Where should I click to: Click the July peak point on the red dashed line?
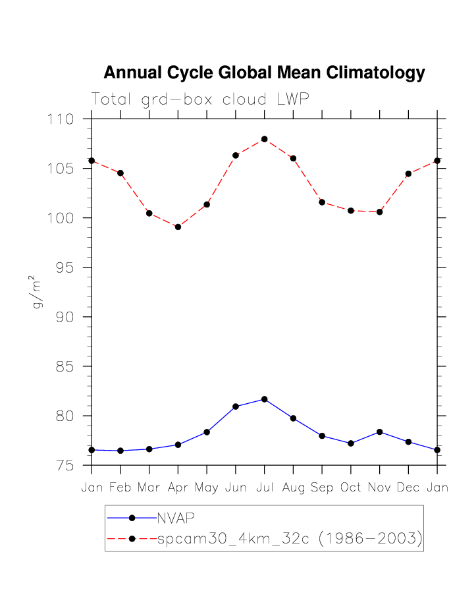pos(264,139)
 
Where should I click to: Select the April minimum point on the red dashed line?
pos(178,227)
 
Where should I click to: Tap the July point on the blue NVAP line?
pos(264,399)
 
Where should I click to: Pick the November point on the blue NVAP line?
pos(379,432)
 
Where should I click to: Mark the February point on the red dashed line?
pos(120,173)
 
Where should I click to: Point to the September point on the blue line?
pos(322,435)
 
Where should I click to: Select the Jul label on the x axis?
pos(264,488)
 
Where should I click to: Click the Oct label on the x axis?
pos(350,488)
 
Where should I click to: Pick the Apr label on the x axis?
pos(178,488)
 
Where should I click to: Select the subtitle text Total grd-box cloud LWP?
pos(200,99)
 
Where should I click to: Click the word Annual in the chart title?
pos(132,73)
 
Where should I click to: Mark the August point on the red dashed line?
pos(293,158)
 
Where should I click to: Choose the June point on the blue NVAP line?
pos(235,406)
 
